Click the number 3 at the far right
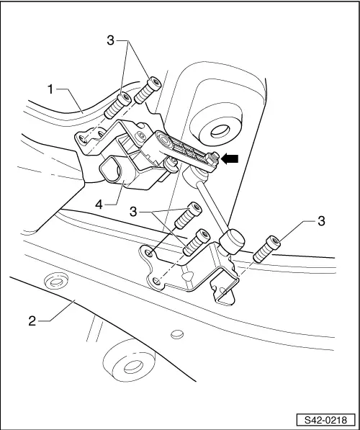tap(321, 220)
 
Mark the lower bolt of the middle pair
tap(196, 243)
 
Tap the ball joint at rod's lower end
tap(234, 241)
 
